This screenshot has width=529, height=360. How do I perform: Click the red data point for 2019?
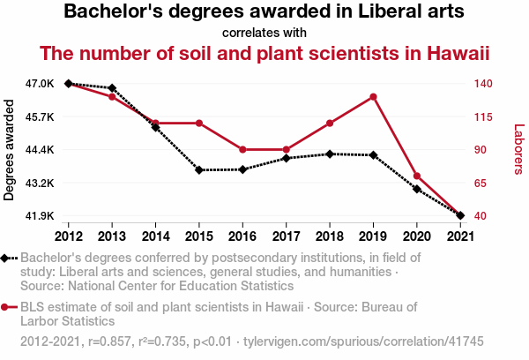[x=374, y=97]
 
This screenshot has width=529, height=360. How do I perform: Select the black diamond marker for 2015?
[x=199, y=169]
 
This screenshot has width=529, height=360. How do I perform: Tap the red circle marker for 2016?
[x=242, y=150]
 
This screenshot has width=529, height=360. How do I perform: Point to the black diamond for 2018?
[x=330, y=154]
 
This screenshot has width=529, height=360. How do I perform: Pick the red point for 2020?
[x=417, y=176]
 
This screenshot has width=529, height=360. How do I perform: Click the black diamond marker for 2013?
[x=112, y=88]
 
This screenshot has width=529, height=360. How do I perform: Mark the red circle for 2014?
[x=155, y=124]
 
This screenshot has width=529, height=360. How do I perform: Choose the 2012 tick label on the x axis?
[x=69, y=236]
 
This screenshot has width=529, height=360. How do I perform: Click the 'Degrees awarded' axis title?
[x=10, y=150]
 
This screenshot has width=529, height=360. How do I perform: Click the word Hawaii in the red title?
[x=455, y=54]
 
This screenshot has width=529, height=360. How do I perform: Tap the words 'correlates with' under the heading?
[x=264, y=33]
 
